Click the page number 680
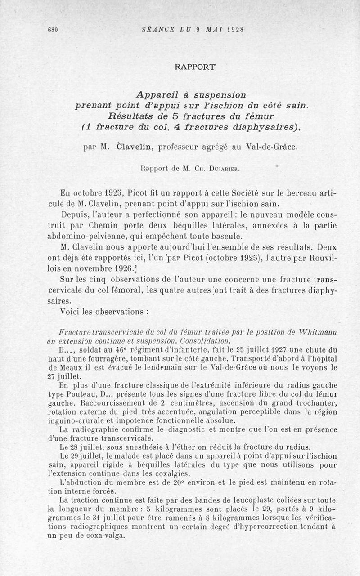point(53,31)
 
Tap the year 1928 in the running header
point(235,31)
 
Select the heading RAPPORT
point(195,67)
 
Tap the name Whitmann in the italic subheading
point(322,332)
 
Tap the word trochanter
point(315,402)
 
